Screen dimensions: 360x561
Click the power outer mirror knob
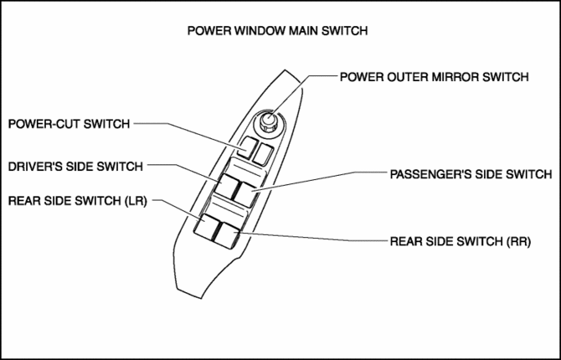click(269, 123)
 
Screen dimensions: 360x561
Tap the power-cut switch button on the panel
click(245, 152)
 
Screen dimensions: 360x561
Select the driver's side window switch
click(228, 188)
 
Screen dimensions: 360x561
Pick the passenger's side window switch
click(249, 191)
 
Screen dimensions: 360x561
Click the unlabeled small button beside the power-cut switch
click(264, 154)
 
